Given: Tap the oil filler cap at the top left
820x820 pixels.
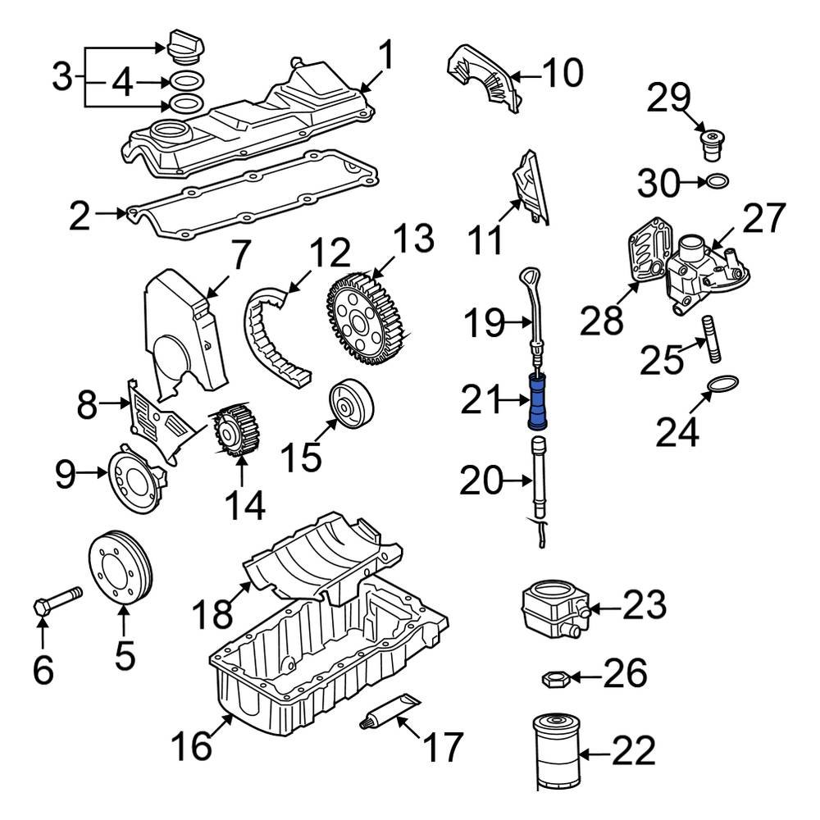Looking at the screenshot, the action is (x=185, y=48).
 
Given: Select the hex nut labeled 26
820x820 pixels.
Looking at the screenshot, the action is (x=555, y=679).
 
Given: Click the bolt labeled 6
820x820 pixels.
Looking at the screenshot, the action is (x=57, y=600).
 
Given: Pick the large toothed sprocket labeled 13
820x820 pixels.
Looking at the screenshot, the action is (x=366, y=318).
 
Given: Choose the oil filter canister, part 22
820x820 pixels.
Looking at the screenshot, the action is (x=557, y=752).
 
